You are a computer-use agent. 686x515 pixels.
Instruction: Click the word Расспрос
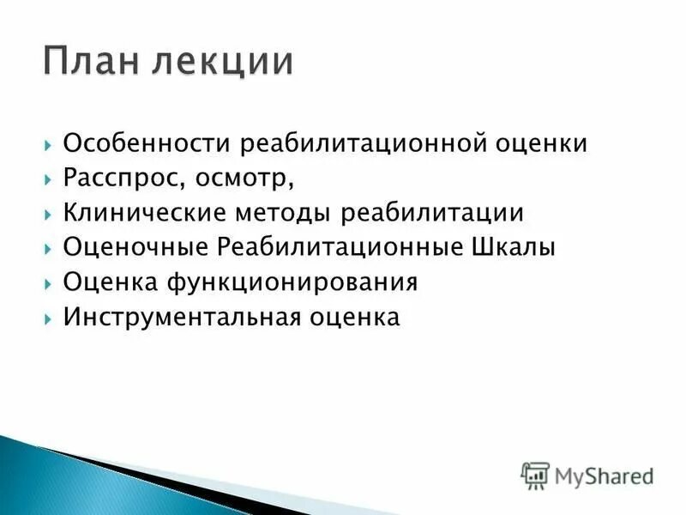click(114, 178)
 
